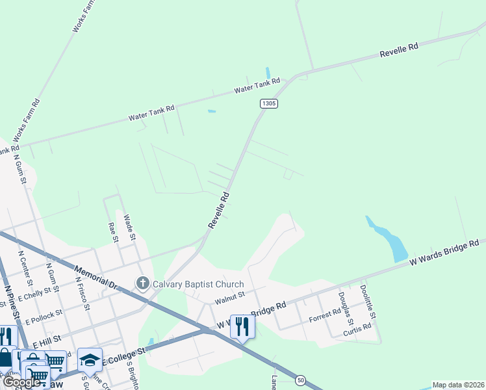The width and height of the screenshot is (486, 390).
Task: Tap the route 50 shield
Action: [300, 380]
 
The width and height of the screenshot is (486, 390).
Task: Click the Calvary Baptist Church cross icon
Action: [142, 283]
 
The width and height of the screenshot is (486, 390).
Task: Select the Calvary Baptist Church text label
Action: [198, 284]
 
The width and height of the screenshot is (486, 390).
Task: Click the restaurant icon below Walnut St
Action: [242, 326]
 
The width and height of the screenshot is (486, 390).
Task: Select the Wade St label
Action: [129, 227]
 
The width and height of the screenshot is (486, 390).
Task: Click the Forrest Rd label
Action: [324, 315]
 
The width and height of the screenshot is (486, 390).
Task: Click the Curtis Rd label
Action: [357, 328]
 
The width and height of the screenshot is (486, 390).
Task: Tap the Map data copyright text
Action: [458, 385]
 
